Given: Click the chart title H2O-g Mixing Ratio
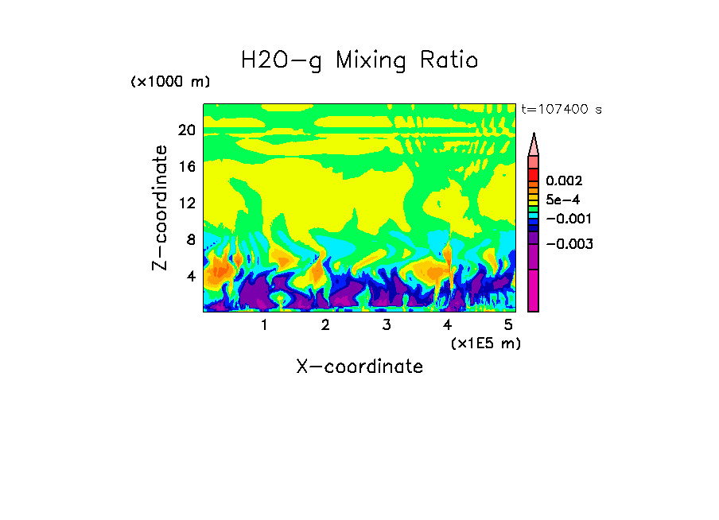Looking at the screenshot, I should point(359,60).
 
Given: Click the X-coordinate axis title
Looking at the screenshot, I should point(359,367).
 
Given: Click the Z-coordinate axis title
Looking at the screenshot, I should point(161,208).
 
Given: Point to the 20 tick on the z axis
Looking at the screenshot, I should point(186,130).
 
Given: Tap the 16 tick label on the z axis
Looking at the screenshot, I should point(186,166).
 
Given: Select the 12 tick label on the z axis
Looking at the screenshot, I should point(186,203).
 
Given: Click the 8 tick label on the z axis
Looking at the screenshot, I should point(189,239).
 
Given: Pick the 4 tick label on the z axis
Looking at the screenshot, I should point(189,276).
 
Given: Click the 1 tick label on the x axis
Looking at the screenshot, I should point(264,324).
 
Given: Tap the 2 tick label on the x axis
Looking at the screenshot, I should point(325,324).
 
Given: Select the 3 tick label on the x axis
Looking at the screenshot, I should point(386,324).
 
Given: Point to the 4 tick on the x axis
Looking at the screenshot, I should point(447,324).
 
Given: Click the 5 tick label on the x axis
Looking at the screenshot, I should point(508,324).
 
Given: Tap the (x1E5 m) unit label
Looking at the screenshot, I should point(485,343).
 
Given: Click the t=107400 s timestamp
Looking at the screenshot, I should point(561,109).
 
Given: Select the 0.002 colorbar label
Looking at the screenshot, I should point(563,182).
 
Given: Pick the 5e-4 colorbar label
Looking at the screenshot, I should point(562,200).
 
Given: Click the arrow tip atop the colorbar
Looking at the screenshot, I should point(534,136).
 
